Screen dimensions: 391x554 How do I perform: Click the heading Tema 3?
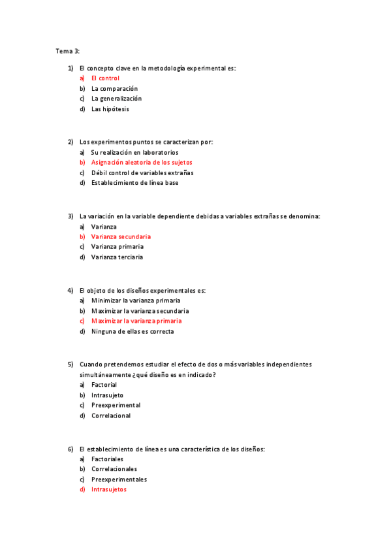coord(67,50)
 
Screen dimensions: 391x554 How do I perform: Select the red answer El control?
coord(105,78)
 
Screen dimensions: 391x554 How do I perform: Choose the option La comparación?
coord(114,89)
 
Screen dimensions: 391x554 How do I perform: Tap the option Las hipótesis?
coord(110,109)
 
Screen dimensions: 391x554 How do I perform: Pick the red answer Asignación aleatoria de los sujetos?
coord(142,163)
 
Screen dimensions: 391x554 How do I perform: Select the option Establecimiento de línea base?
coord(134,183)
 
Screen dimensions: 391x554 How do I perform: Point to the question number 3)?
coord(70,216)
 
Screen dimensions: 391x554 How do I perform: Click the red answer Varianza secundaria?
coord(121,236)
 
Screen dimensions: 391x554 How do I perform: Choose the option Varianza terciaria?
coord(117,257)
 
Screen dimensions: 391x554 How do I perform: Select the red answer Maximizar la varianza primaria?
coord(136,321)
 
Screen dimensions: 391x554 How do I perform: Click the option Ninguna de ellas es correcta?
coord(133,331)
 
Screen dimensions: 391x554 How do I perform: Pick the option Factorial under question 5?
coord(104,385)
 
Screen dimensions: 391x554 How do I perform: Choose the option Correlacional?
coord(111,415)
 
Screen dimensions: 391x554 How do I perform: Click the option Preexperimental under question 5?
coord(116,405)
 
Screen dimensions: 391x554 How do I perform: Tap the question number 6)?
coord(70,449)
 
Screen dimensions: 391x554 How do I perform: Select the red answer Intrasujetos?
coord(109,489)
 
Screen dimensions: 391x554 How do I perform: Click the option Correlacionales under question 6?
coord(114,469)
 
